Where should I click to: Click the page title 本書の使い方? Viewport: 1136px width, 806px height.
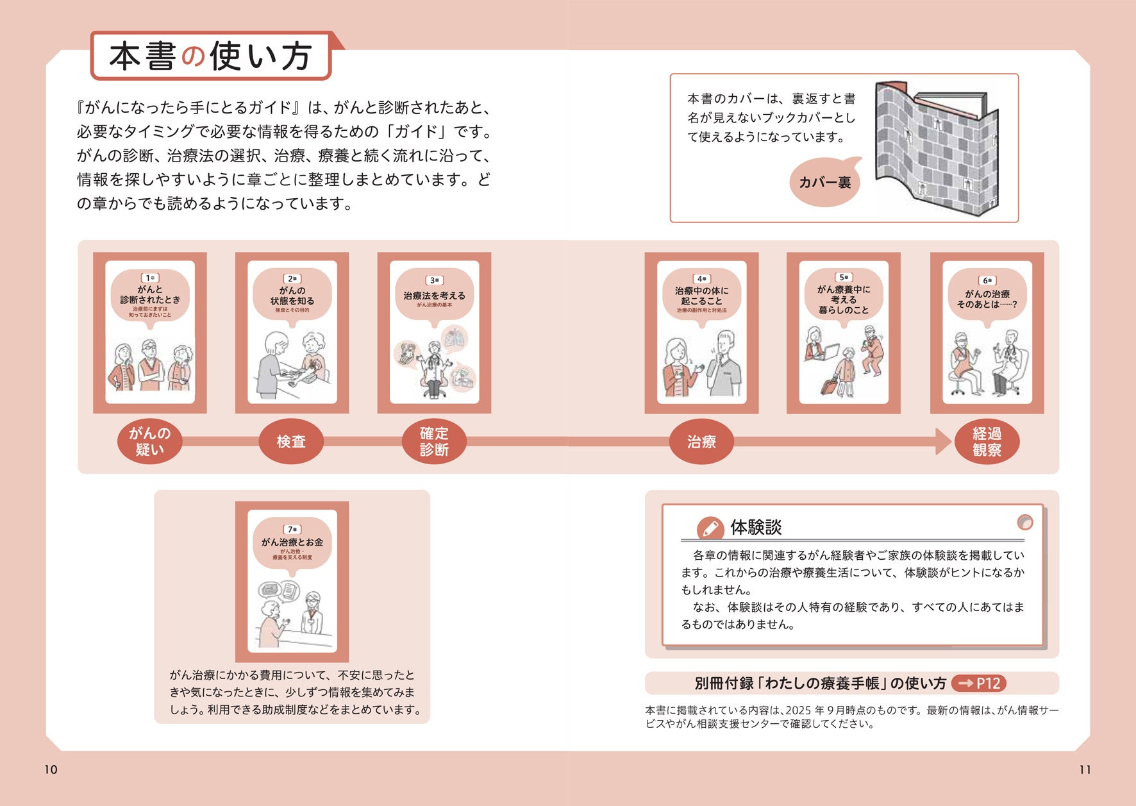point(210,56)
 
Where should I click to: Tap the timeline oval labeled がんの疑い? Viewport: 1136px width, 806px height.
point(149,441)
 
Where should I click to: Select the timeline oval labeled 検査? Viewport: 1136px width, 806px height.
point(291,441)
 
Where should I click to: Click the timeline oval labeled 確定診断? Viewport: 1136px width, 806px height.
point(434,441)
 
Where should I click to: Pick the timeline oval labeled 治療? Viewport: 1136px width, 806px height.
point(701,441)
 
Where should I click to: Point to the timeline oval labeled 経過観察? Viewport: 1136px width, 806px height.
point(987,441)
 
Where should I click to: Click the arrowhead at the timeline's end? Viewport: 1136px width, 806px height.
point(943,441)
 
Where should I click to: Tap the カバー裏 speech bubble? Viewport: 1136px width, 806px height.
point(825,183)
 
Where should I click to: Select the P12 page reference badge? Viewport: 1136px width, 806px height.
point(979,684)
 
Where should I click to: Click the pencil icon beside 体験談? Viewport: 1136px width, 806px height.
point(710,528)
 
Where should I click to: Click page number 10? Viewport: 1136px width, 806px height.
point(51,769)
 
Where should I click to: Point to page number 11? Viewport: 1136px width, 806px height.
point(1085,769)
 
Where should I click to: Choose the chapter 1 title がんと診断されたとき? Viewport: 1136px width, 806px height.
point(150,294)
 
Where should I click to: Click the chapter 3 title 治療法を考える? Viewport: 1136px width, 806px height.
point(434,296)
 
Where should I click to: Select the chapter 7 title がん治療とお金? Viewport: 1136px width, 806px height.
point(292,542)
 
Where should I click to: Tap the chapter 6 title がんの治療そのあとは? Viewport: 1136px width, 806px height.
point(987,299)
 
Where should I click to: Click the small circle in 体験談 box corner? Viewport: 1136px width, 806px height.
point(1025,522)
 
